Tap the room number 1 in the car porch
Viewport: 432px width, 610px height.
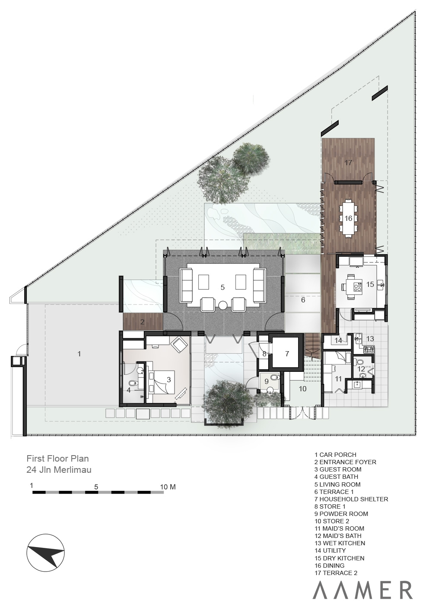pyautogui.click(x=79, y=354)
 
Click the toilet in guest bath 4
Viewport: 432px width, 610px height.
pyautogui.click(x=133, y=384)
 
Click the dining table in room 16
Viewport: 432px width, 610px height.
pyautogui.click(x=348, y=218)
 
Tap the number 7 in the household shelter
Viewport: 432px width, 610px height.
pyautogui.click(x=287, y=354)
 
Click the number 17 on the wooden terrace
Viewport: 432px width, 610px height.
pyautogui.click(x=348, y=163)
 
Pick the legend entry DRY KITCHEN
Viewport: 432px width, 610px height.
pyautogui.click(x=339, y=564)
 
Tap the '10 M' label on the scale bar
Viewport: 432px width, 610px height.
pyautogui.click(x=168, y=487)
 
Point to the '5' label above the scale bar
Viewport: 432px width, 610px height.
pyautogui.click(x=96, y=487)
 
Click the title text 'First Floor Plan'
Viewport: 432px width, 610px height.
pyautogui.click(x=57, y=458)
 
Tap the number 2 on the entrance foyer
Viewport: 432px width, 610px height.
pyautogui.click(x=142, y=322)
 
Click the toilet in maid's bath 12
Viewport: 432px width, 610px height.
pyautogui.click(x=360, y=362)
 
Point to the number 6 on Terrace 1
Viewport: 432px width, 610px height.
pyautogui.click(x=303, y=300)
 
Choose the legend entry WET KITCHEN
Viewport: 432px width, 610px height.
pyautogui.click(x=340, y=549)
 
